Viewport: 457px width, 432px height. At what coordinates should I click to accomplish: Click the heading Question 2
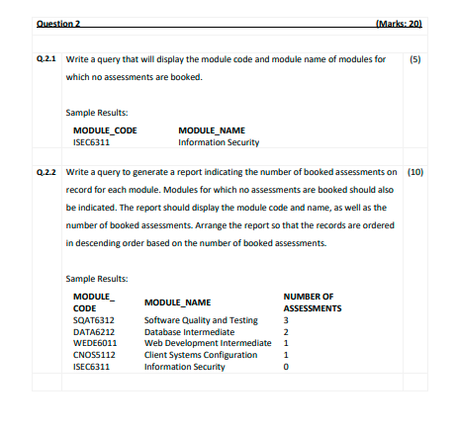(x=57, y=22)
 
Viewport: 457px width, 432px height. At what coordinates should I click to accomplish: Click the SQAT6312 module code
(x=94, y=320)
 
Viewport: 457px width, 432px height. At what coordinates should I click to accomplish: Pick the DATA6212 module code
(x=94, y=332)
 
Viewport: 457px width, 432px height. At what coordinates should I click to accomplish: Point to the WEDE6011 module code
(x=95, y=343)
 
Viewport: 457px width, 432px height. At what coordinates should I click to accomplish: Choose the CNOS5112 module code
(x=95, y=355)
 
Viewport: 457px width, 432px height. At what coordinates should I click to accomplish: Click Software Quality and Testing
(x=201, y=320)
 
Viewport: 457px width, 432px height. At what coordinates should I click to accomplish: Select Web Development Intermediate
(x=208, y=343)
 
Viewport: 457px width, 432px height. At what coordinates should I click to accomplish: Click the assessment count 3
(x=286, y=320)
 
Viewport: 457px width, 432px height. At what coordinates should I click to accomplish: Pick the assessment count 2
(x=286, y=332)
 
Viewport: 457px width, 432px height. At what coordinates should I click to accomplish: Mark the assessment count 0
(x=286, y=367)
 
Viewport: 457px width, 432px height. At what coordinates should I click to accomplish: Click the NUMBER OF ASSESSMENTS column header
(x=312, y=302)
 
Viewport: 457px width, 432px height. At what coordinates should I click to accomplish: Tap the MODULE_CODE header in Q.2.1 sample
(x=105, y=130)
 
